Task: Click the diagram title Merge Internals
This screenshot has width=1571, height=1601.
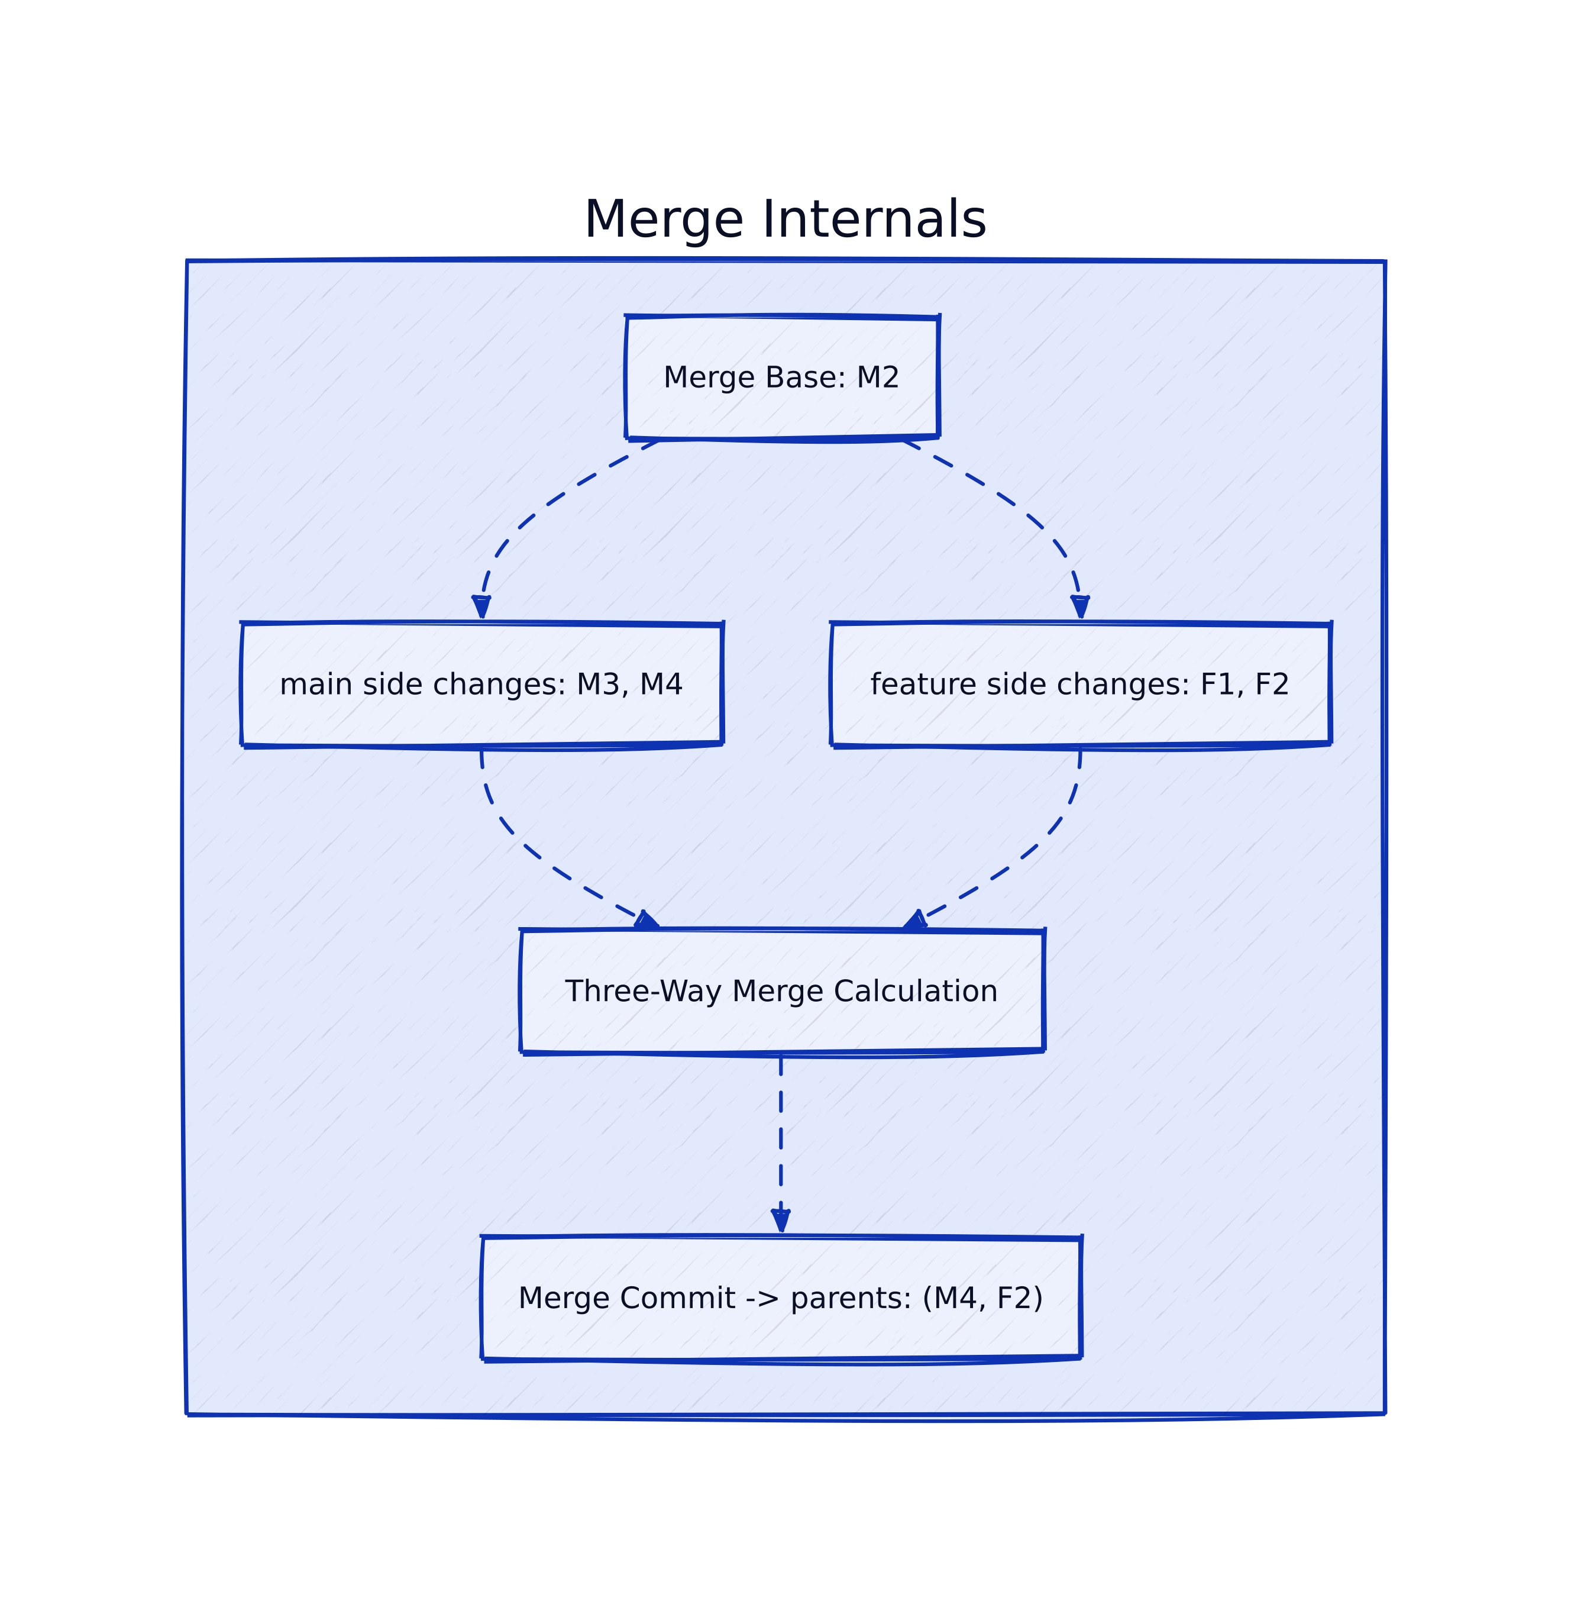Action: point(785,220)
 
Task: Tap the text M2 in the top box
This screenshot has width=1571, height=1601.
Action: point(877,377)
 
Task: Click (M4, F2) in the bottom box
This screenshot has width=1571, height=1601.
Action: point(982,1298)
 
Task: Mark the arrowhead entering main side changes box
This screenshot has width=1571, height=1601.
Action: point(481,608)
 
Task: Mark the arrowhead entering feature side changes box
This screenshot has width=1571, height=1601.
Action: point(1079,608)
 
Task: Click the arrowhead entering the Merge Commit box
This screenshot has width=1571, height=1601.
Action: point(781,1221)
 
